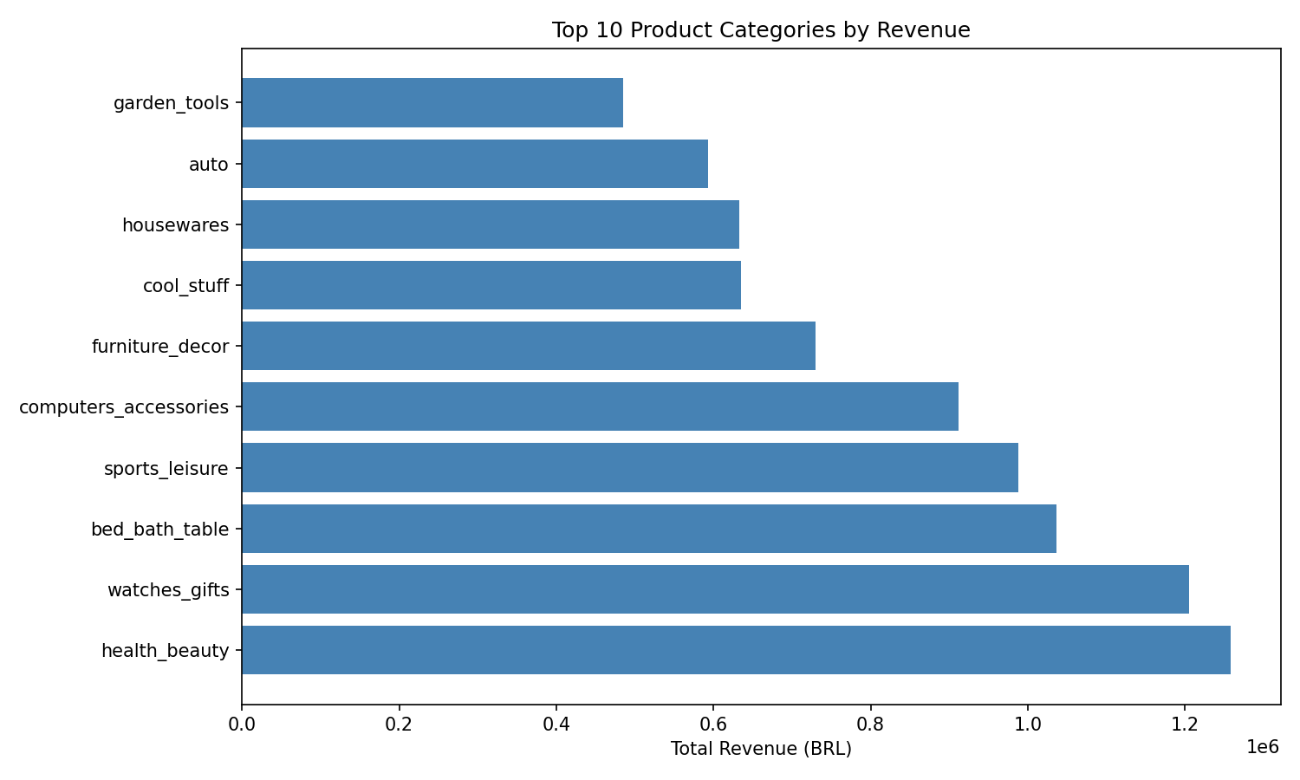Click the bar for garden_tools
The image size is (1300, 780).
click(432, 103)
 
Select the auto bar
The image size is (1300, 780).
click(474, 164)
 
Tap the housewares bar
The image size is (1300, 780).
click(490, 224)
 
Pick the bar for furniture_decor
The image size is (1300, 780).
click(528, 346)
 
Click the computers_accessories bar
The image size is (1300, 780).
click(600, 406)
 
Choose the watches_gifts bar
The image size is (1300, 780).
click(715, 589)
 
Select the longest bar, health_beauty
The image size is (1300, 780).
click(736, 650)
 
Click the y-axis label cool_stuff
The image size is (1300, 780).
click(185, 286)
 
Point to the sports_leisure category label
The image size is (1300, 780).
click(166, 469)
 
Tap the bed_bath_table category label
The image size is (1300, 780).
click(159, 530)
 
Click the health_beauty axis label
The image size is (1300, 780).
click(165, 651)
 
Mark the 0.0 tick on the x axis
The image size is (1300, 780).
click(242, 723)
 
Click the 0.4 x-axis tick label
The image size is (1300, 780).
click(556, 723)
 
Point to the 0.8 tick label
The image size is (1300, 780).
click(870, 723)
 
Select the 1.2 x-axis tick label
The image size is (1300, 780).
click(1185, 723)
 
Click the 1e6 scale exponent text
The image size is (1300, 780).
click(1262, 746)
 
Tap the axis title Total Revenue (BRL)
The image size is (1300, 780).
click(761, 749)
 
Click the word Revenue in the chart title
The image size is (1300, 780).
click(923, 30)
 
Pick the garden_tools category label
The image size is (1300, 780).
click(171, 104)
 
